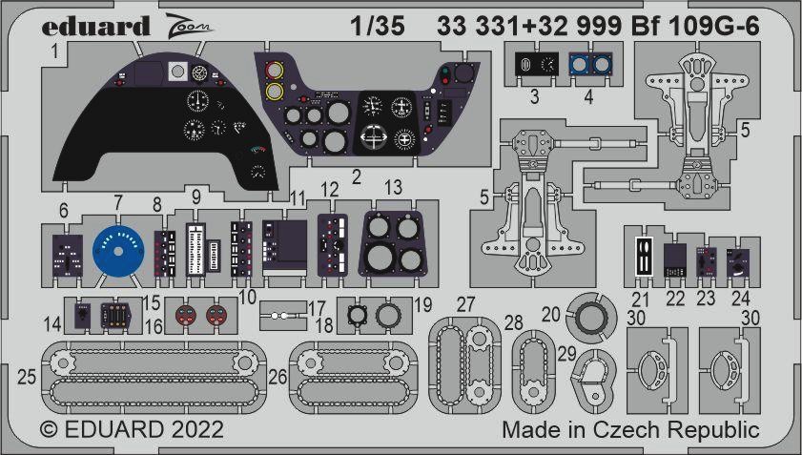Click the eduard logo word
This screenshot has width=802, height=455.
coord(95,26)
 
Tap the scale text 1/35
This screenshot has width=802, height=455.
coord(378,26)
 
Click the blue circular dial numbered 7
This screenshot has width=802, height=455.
coord(118,251)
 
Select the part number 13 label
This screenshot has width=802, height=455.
coord(393,188)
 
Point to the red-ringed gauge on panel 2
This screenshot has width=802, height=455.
coord(275,71)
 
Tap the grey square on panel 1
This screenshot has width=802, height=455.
coord(177,72)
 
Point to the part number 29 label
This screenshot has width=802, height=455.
coord(566,353)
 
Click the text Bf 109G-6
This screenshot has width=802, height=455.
coord(695,26)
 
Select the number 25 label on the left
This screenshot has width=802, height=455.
coord(27,377)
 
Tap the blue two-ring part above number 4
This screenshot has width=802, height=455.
coord(590,65)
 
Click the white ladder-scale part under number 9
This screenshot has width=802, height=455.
coord(195,250)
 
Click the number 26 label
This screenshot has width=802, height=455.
coord(278,377)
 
